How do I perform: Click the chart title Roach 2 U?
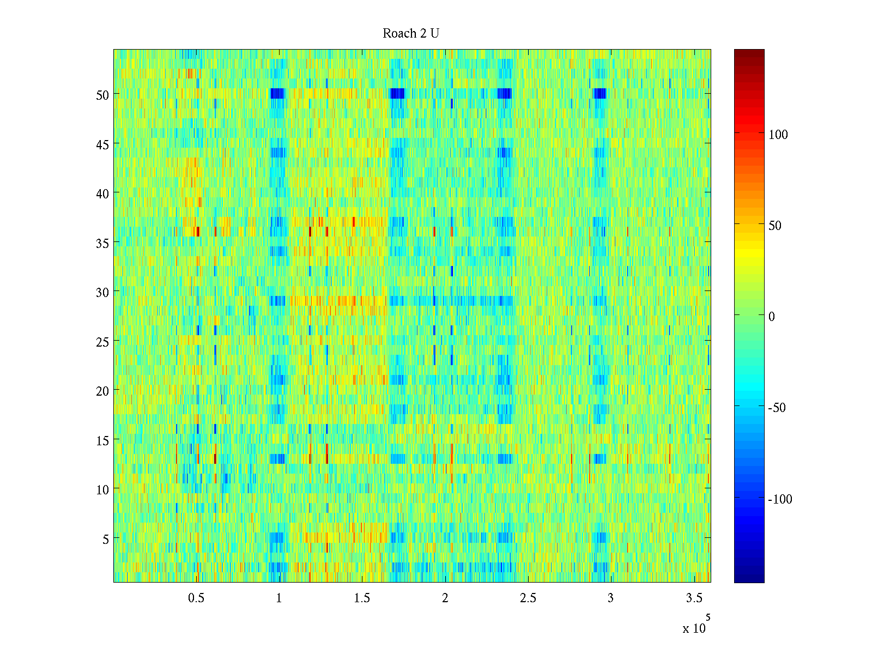pos(411,34)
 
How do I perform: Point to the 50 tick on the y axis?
pos(102,95)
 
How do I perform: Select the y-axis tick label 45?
pos(102,144)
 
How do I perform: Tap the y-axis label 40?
pos(102,193)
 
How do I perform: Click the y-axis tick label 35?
pos(102,243)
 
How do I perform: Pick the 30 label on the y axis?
pos(102,292)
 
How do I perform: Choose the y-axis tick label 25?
pos(102,342)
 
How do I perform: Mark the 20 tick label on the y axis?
pos(102,391)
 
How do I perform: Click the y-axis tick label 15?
pos(102,440)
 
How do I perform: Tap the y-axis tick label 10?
pos(102,490)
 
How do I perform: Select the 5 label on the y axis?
pos(106,539)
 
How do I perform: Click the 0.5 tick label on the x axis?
pos(196,598)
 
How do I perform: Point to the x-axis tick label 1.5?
pos(362,598)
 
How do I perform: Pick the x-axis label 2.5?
pos(528,598)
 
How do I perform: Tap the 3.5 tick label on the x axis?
pos(694,598)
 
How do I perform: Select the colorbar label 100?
pos(778,135)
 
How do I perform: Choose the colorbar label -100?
pos(780,499)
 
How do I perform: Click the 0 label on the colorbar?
pos(771,317)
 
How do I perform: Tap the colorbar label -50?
pos(777,408)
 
